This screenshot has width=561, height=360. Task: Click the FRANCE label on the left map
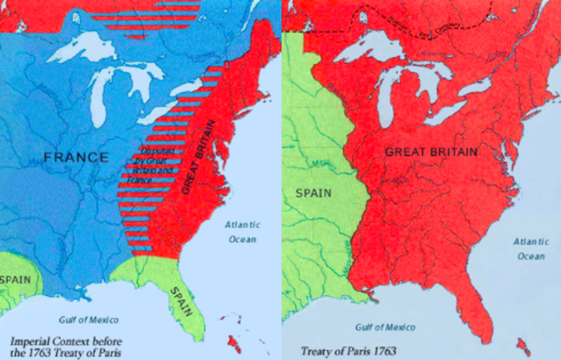click(x=78, y=159)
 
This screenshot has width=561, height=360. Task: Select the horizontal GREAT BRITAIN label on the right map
click(x=431, y=152)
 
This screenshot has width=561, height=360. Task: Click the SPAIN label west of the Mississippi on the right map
click(x=313, y=192)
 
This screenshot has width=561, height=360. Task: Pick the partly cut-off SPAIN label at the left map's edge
click(x=15, y=279)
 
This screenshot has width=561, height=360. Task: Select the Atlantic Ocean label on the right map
click(x=530, y=248)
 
